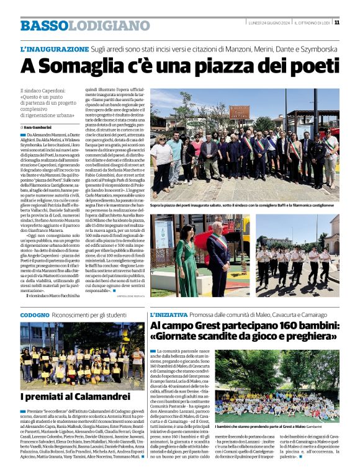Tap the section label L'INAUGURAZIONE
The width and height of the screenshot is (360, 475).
[x=55, y=48]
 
